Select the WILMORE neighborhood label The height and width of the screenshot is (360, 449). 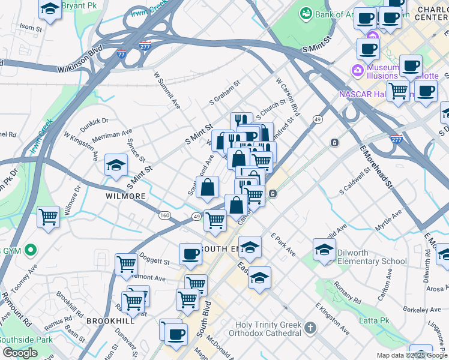(x=125, y=196)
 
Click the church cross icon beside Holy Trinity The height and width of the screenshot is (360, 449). (x=310, y=328)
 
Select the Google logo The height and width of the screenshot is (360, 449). (x=20, y=353)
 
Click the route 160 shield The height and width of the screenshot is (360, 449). (x=164, y=215)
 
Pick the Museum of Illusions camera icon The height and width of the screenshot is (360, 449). (x=358, y=71)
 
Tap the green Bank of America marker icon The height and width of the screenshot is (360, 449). (x=306, y=13)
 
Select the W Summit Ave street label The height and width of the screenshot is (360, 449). (x=167, y=91)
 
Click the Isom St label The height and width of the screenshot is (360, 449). (x=31, y=28)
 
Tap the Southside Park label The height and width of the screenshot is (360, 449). (x=18, y=339)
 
